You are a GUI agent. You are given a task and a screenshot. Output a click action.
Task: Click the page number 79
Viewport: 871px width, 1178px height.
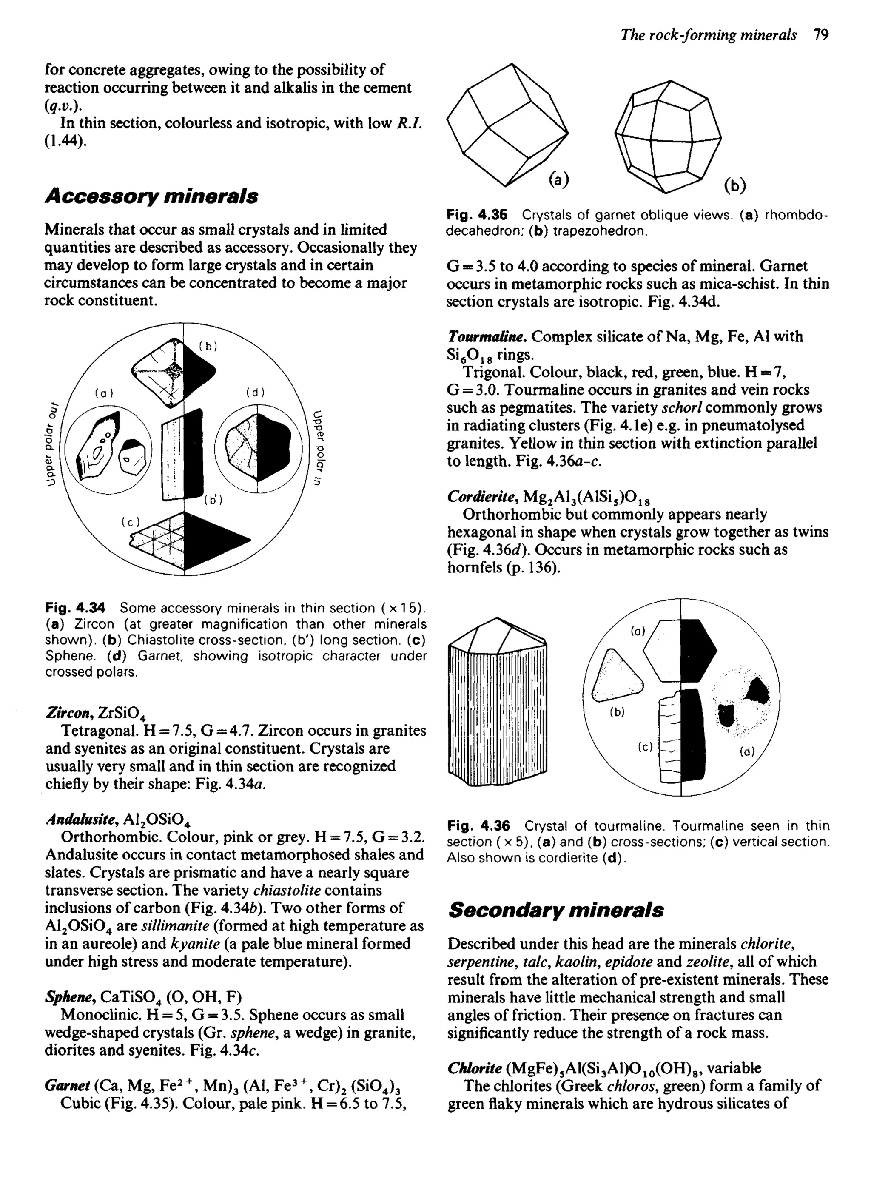click(821, 35)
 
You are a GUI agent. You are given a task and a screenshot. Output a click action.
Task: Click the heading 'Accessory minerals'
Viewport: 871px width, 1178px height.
click(151, 196)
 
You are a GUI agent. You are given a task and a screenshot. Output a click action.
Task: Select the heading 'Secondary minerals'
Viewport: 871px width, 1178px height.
click(556, 910)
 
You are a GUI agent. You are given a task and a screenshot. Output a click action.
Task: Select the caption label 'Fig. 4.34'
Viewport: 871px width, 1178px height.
click(75, 608)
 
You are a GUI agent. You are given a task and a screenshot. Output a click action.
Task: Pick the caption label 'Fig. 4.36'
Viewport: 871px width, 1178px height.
click(478, 825)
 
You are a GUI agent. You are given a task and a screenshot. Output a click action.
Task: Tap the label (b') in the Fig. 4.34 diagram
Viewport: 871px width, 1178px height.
click(213, 500)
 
